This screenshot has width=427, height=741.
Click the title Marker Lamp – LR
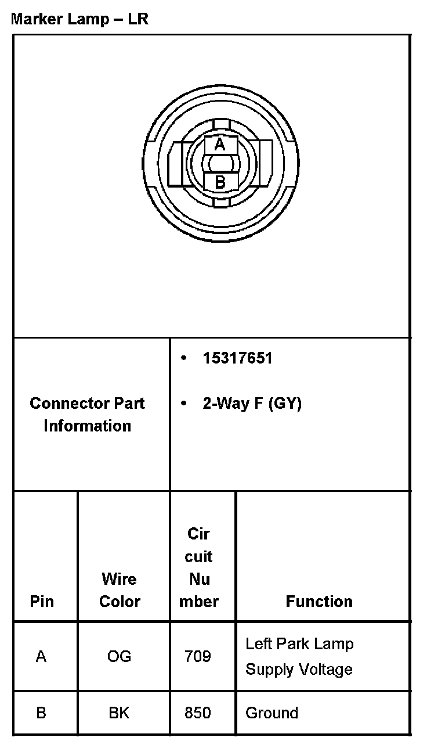80,19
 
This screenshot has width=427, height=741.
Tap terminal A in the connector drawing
220,144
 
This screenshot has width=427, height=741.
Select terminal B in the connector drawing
220,182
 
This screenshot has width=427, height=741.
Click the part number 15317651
237,358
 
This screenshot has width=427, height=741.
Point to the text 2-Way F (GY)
252,404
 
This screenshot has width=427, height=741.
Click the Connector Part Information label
88,415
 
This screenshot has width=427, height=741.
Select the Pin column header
42,601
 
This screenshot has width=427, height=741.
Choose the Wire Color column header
120,590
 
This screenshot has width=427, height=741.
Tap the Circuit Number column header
199,567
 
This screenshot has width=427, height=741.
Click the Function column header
319,601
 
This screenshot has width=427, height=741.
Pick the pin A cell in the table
41,657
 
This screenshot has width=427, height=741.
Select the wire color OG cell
120,657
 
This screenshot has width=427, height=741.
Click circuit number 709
198,657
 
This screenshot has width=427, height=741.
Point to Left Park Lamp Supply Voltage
299,657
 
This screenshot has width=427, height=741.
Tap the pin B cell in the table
41,713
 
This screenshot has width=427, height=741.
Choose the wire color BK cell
120,713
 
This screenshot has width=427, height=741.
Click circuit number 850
198,713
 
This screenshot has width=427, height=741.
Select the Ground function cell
272,713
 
